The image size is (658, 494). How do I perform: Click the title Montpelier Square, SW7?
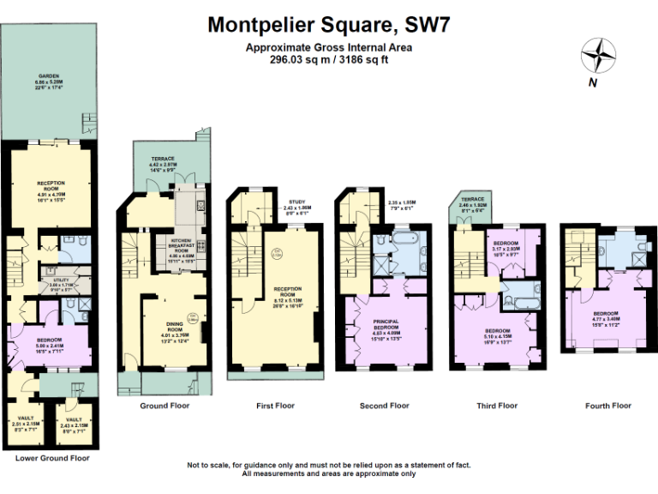pyautogui.click(x=329, y=24)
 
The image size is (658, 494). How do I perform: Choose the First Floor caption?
pyautogui.click(x=274, y=406)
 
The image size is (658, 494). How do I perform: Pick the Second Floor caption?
pyautogui.click(x=385, y=406)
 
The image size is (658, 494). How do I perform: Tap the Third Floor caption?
pyautogui.click(x=497, y=406)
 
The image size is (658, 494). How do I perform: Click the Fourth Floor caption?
pyautogui.click(x=607, y=406)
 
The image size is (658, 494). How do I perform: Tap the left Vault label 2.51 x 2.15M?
pyautogui.click(x=25, y=422)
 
